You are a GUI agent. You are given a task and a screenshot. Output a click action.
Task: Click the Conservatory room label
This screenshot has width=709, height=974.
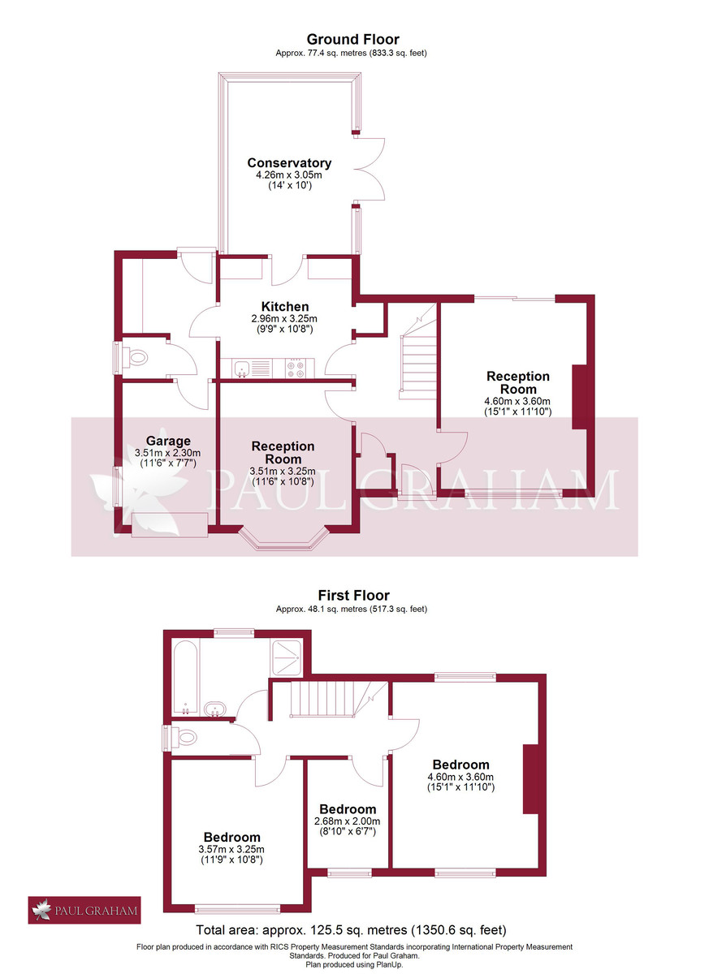pos(289,163)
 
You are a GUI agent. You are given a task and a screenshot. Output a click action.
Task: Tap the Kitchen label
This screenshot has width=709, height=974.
pos(284,307)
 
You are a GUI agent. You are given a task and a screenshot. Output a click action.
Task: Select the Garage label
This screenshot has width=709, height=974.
pos(168,442)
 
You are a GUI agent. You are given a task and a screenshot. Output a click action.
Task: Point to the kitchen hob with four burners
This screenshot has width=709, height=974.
pos(296,369)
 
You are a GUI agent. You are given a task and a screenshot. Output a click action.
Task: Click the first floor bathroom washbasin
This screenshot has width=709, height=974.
pos(216,709)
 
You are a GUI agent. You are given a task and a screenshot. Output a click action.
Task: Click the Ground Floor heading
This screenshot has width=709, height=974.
pos(352,39)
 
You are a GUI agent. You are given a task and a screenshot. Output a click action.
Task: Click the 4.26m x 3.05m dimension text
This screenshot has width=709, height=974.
pos(289,175)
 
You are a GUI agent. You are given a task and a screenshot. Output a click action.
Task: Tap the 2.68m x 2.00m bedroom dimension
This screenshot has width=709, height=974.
pos(348,821)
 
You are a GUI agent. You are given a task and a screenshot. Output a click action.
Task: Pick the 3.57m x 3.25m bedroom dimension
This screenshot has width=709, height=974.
pos(231,849)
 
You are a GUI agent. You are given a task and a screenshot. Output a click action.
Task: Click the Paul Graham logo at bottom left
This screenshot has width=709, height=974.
pos(85,910)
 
